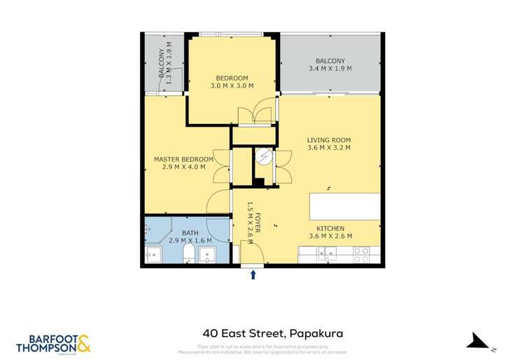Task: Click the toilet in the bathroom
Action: pyautogui.click(x=188, y=252)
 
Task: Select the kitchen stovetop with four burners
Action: pyautogui.click(x=362, y=255)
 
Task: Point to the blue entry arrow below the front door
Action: pyautogui.click(x=253, y=275)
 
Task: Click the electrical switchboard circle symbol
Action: pyautogui.click(x=264, y=157)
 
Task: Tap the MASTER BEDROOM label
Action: pyautogui.click(x=183, y=159)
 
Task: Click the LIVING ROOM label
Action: pyautogui.click(x=328, y=139)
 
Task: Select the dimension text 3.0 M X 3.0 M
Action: pyautogui.click(x=232, y=85)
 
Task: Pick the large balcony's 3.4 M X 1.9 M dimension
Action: pyautogui.click(x=330, y=69)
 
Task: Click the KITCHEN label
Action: pyautogui.click(x=329, y=228)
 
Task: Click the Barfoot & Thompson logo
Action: pyautogui.click(x=53, y=343)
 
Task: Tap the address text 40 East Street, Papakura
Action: pyautogui.click(x=262, y=333)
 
